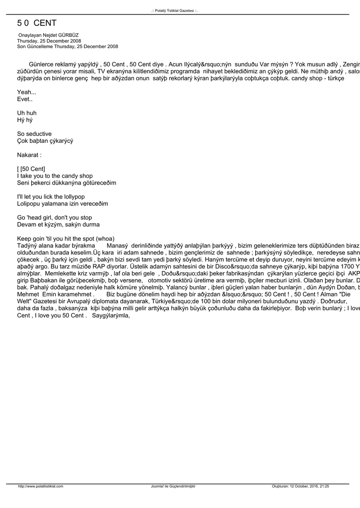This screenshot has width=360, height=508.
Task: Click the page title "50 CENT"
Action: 37,23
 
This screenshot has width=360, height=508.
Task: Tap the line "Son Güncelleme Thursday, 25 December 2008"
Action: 68,47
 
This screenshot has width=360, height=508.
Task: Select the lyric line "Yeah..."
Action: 26,92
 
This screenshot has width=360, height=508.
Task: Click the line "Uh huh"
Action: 27,113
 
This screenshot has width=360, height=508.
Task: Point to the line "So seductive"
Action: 34,134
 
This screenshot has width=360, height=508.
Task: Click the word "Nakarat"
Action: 28,155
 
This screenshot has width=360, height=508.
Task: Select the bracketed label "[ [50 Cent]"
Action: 31,169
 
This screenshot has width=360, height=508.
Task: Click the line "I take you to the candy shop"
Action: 55,176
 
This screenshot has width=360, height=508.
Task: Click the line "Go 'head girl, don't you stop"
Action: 54,218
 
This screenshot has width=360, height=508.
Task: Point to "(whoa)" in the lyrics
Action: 105,239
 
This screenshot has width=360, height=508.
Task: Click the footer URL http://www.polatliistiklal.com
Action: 41,486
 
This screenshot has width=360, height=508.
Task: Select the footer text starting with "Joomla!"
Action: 173,486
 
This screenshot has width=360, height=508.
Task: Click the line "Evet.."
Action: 25,99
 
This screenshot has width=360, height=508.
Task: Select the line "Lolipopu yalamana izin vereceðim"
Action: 62,204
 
